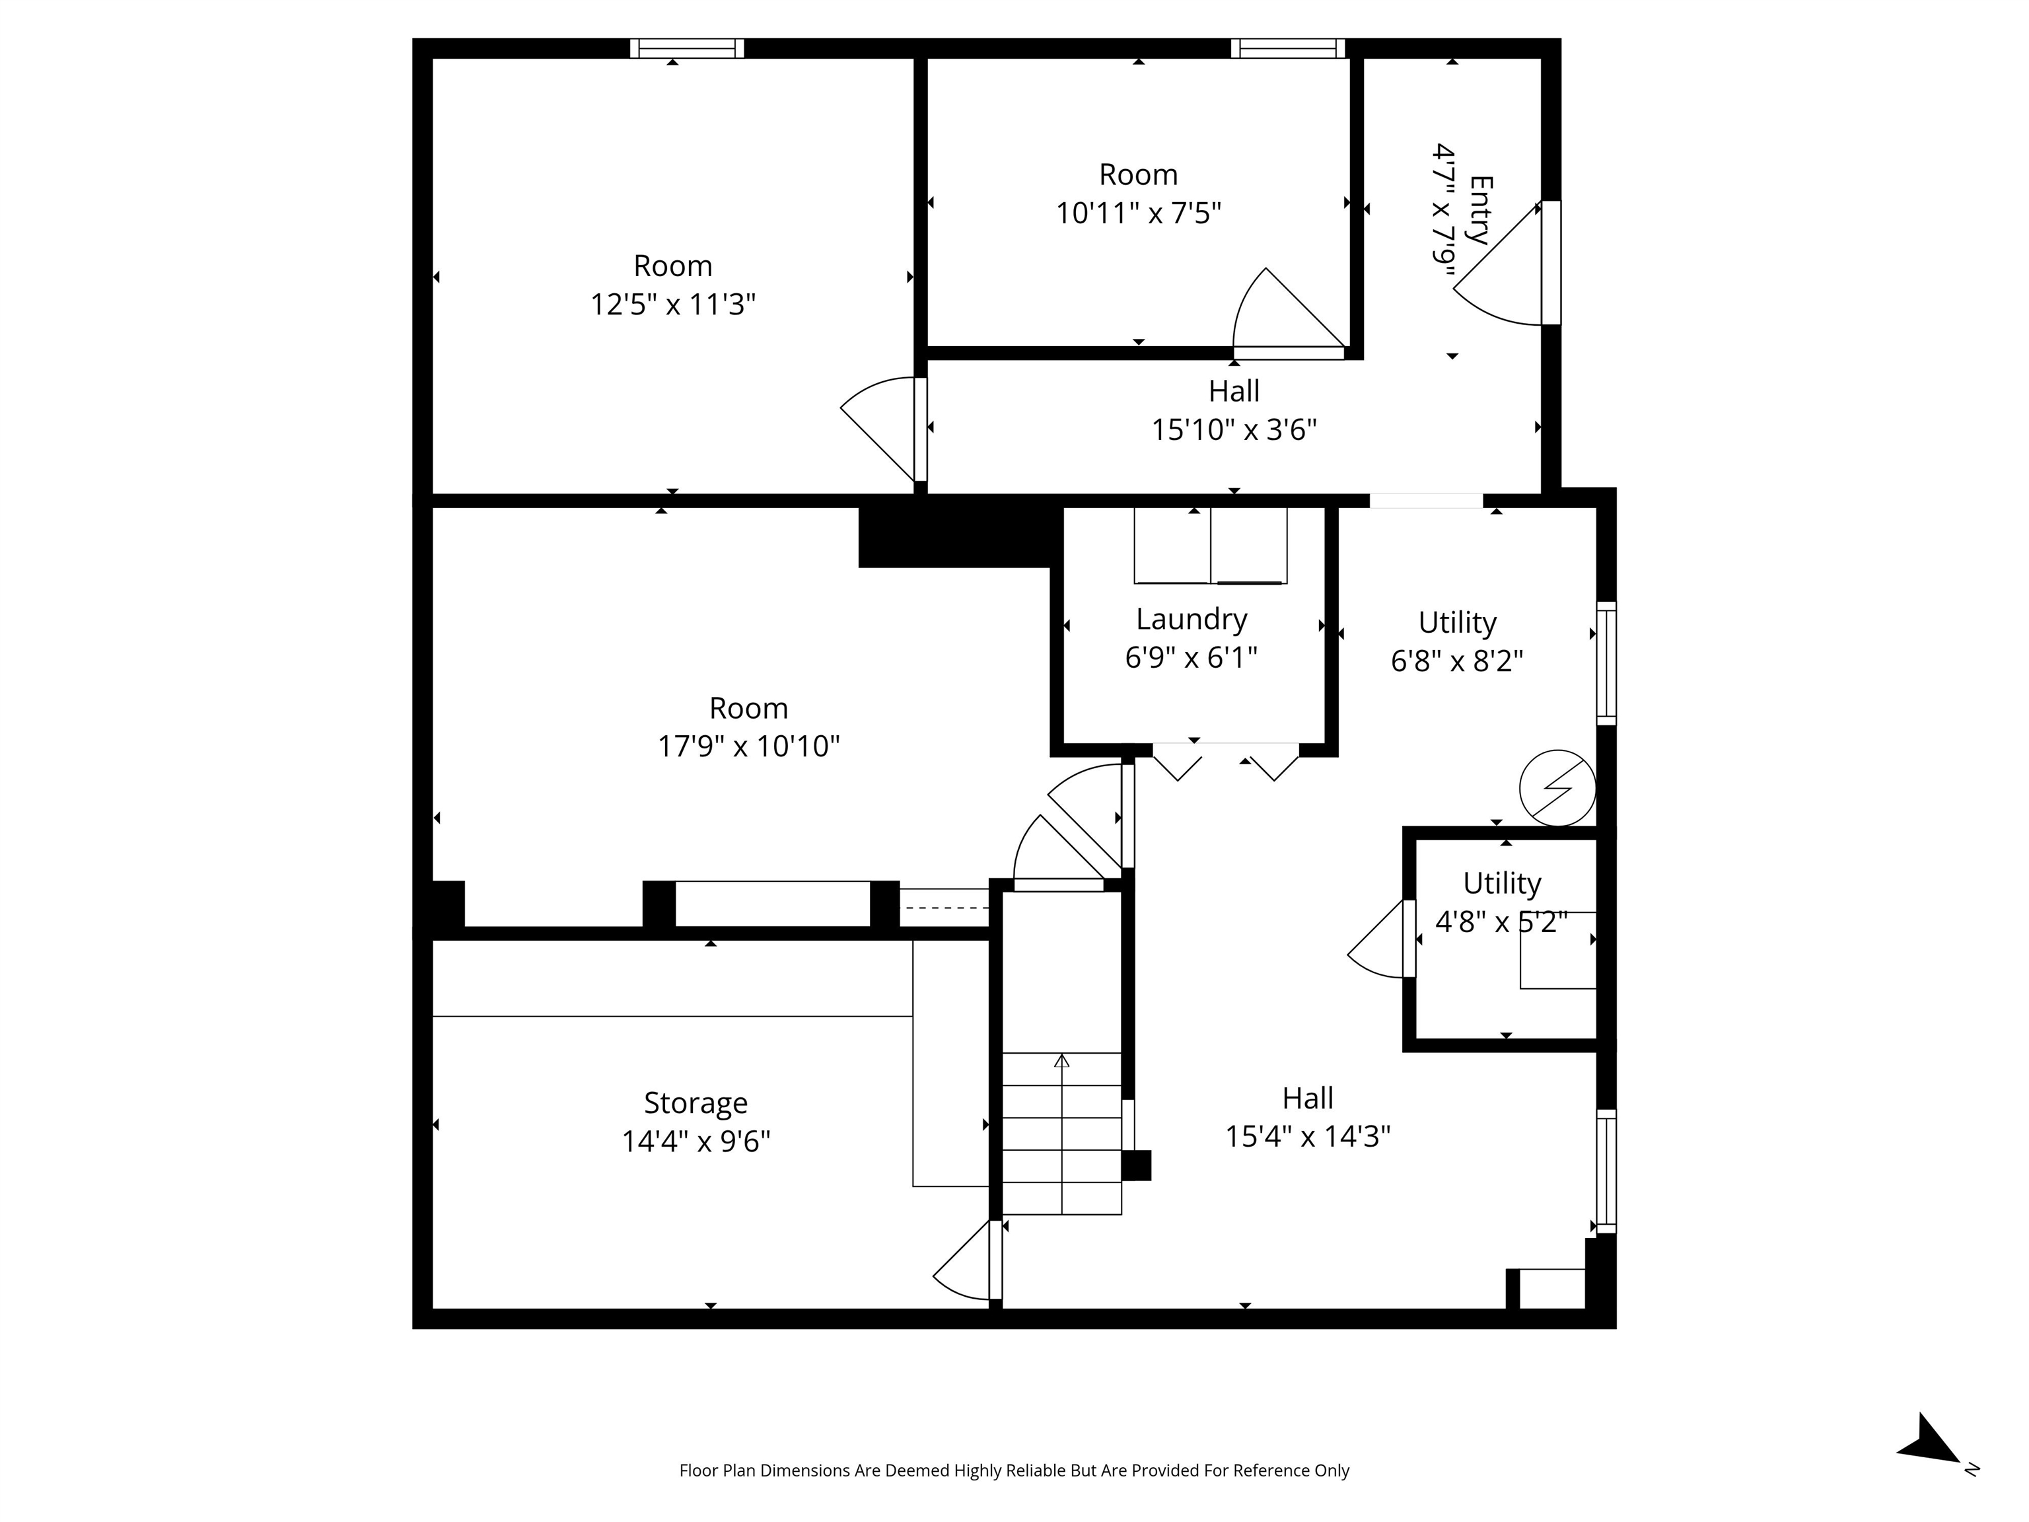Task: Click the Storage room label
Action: coord(695,1103)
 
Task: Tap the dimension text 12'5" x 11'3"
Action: coord(672,305)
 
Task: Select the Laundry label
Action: coord(1191,619)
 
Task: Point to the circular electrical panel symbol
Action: coord(1557,787)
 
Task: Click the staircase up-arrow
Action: coord(1061,1062)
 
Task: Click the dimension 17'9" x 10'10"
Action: coord(748,746)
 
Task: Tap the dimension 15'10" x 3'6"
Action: coord(1234,430)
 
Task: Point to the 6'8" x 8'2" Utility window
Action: coord(1606,663)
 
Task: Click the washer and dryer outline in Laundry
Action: coord(1210,545)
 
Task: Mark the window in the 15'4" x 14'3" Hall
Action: coord(1606,1171)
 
